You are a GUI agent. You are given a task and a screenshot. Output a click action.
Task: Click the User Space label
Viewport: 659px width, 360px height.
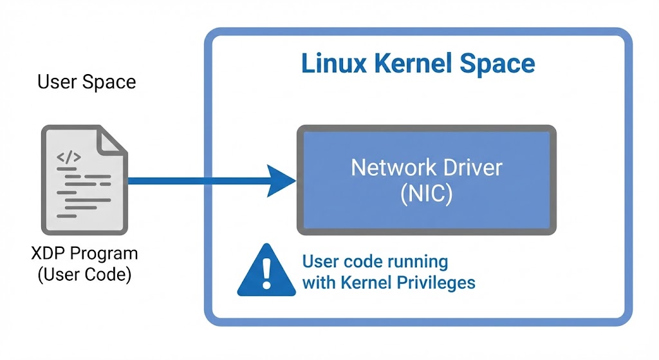(x=87, y=82)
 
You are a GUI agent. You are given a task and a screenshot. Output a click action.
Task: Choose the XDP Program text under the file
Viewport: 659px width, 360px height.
(x=84, y=253)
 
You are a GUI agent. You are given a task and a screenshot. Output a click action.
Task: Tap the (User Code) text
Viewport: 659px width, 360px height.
(x=84, y=274)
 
